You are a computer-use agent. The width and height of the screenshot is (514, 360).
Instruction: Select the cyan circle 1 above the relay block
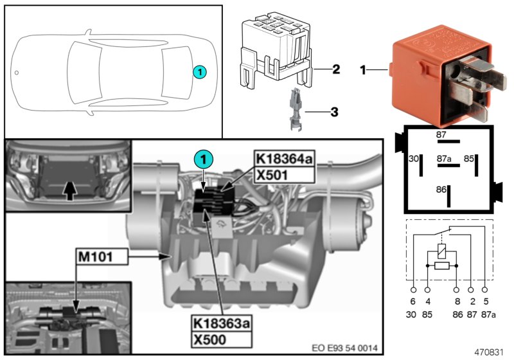(203, 158)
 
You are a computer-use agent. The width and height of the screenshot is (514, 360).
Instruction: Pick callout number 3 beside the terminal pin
(334, 111)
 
